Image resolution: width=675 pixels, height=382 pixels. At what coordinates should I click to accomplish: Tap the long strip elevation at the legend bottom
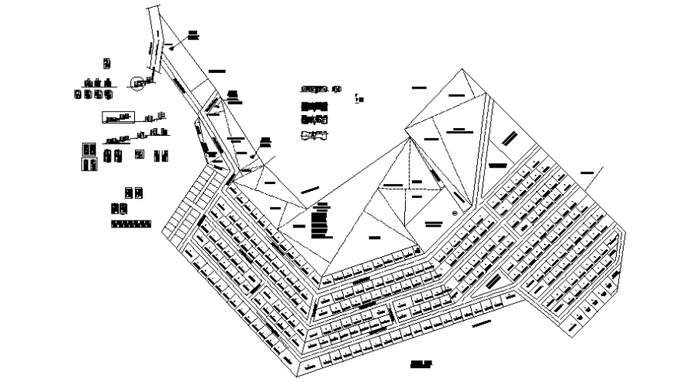130,224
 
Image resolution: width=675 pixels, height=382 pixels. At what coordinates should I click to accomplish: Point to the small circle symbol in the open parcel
455,212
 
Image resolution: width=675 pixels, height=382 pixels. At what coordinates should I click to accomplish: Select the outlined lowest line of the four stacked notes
315,137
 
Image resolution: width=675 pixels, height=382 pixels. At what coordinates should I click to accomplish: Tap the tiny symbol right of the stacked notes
355,98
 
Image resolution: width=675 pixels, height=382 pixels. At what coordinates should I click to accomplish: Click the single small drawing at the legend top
107,62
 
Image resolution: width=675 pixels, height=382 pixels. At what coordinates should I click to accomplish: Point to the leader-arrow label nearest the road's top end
192,34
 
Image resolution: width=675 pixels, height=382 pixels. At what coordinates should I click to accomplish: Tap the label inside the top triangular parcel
458,95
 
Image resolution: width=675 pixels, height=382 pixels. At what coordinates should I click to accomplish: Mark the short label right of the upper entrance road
216,70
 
